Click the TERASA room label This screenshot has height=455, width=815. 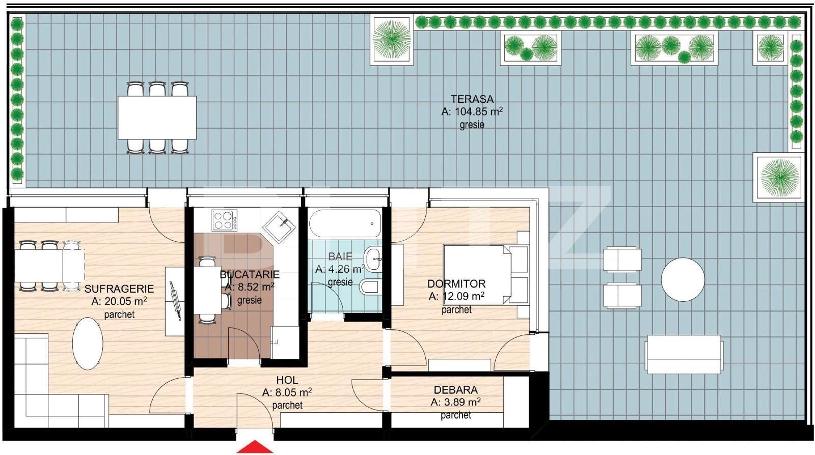pyautogui.click(x=472, y=99)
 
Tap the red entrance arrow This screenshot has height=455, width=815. pyautogui.click(x=255, y=447)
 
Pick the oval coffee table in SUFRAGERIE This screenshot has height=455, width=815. pyautogui.click(x=87, y=344)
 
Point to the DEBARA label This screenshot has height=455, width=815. pyautogui.click(x=455, y=390)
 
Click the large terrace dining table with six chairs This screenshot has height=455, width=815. pyautogui.click(x=157, y=118)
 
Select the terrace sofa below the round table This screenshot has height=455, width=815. pyautogui.click(x=683, y=354)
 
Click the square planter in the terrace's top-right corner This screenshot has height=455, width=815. pyautogui.click(x=770, y=48)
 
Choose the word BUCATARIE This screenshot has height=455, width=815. pyautogui.click(x=250, y=275)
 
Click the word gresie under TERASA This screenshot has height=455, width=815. pyautogui.click(x=472, y=124)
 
